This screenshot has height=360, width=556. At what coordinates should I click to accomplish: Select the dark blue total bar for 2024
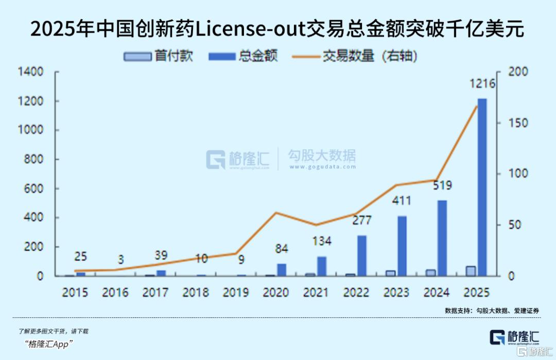pos(442,237)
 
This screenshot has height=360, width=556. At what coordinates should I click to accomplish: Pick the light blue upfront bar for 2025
pos(471,271)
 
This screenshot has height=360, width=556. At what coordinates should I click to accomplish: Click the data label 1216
pos(482,84)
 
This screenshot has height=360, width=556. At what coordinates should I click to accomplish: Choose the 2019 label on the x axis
pos(235,293)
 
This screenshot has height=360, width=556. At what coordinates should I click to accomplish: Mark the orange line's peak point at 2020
pos(276,213)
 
